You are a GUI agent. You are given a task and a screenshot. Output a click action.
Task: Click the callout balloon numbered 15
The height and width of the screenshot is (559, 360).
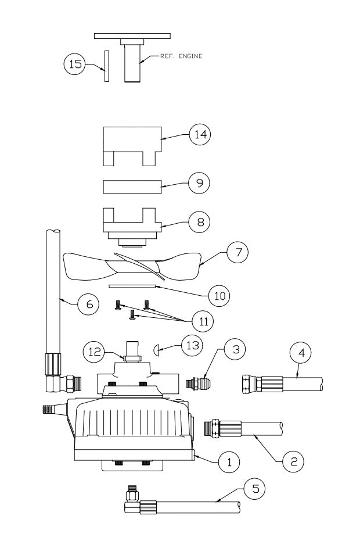click(74, 64)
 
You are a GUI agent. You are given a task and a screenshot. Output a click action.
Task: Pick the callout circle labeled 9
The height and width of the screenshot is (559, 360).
click(199, 183)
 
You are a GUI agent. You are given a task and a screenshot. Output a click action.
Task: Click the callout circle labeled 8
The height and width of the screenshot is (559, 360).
click(199, 221)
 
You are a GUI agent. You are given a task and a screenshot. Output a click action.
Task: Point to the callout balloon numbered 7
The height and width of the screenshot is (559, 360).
click(237, 253)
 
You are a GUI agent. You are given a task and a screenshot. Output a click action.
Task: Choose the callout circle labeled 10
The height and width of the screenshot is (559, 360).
click(218, 296)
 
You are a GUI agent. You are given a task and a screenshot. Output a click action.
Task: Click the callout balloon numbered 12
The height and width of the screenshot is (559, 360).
click(93, 352)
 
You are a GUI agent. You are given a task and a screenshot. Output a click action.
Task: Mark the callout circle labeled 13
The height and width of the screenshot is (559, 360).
click(193, 346)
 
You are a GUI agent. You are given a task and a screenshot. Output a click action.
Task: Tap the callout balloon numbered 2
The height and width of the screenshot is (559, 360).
click(294, 461)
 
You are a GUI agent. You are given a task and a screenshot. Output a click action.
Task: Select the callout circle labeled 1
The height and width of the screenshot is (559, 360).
click(229, 462)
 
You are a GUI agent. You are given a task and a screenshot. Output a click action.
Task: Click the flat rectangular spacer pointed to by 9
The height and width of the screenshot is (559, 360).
click(131, 187)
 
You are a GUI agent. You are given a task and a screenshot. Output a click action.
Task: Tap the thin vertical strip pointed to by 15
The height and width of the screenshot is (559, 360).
click(106, 66)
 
